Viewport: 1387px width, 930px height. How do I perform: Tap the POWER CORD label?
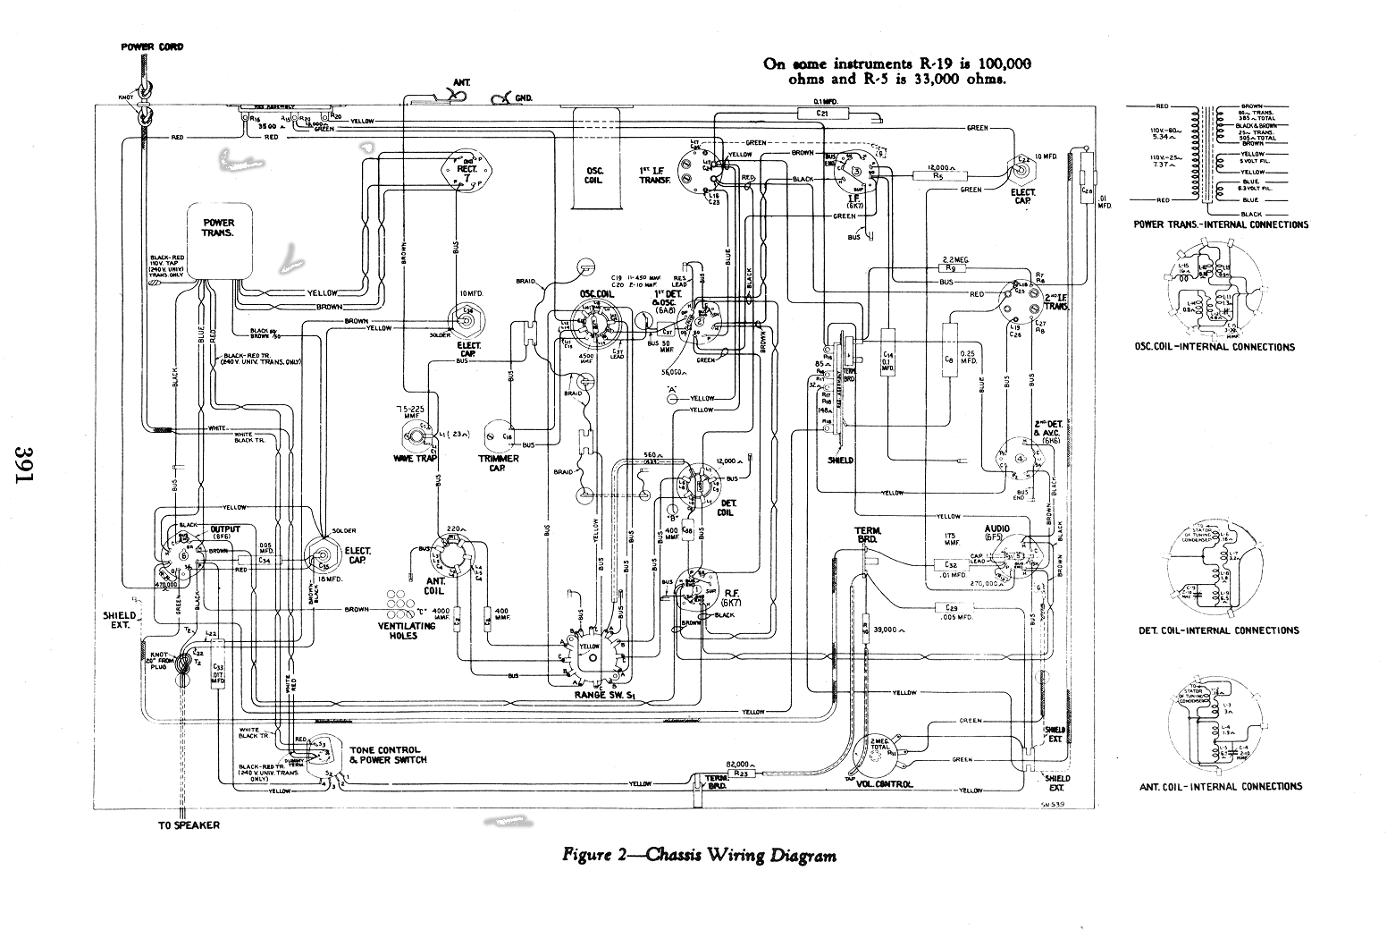click(x=152, y=46)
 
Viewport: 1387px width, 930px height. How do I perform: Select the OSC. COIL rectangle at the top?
click(x=594, y=175)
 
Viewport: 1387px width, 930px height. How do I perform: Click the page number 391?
click(x=25, y=464)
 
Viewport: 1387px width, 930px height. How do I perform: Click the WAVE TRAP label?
click(x=414, y=458)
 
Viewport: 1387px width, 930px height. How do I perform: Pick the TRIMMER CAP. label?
click(x=499, y=463)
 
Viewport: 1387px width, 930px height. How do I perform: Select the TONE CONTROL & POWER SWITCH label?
click(x=388, y=755)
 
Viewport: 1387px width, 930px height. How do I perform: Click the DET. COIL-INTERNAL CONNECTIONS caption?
click(x=1218, y=630)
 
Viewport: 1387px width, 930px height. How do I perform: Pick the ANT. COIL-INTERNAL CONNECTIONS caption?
click(x=1220, y=787)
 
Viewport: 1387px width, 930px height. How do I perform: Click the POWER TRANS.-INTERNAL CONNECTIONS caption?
click(x=1221, y=224)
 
